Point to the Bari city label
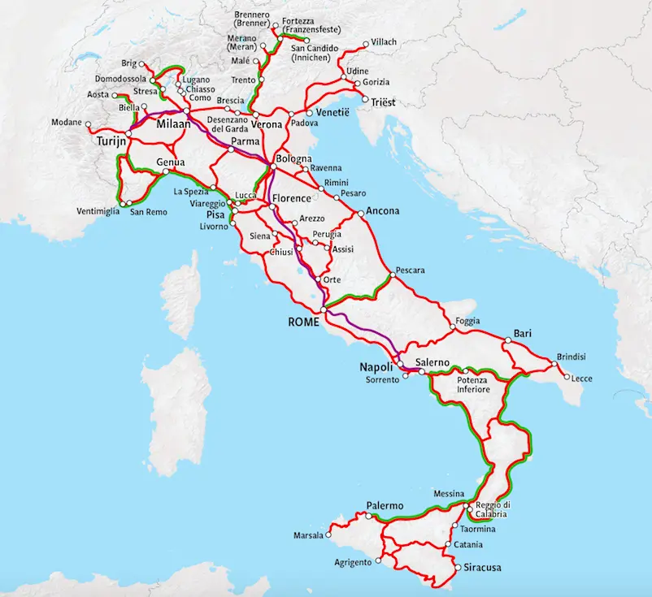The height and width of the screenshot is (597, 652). coord(522,333)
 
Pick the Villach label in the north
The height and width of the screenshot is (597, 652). coord(385,42)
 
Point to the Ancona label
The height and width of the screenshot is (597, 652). coord(383,211)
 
